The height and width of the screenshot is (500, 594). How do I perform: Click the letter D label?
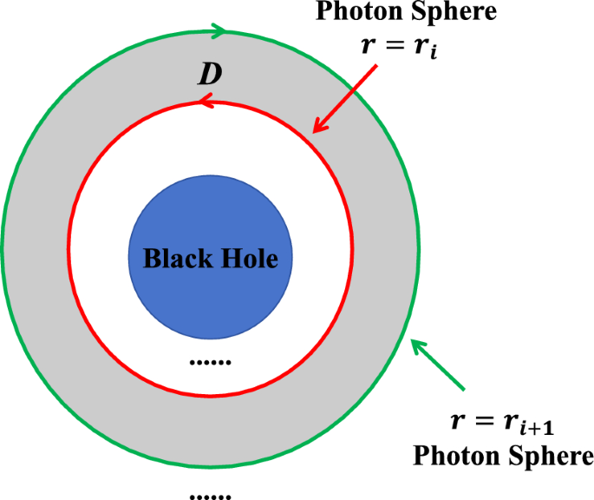click(x=210, y=76)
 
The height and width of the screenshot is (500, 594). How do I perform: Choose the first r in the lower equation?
click(x=459, y=422)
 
